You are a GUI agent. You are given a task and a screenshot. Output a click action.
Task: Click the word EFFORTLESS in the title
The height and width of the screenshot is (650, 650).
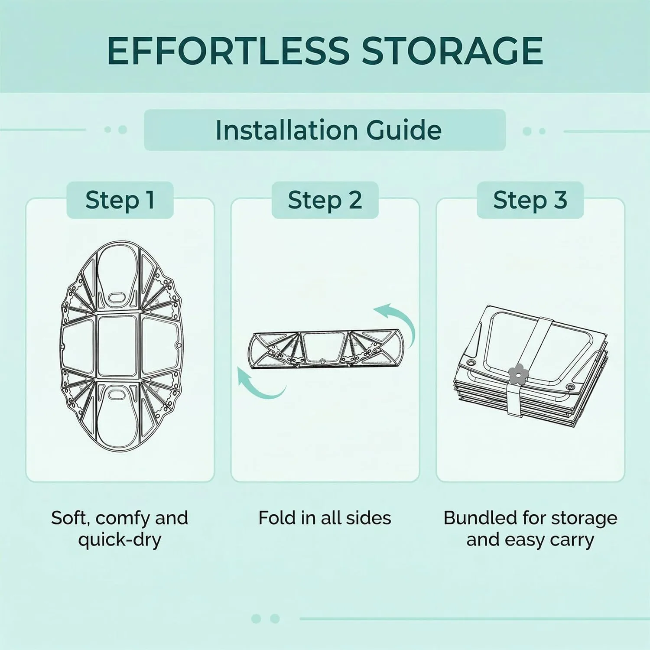coord(228,51)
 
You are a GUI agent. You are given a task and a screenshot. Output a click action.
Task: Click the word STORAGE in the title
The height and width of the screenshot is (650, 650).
coord(452,51)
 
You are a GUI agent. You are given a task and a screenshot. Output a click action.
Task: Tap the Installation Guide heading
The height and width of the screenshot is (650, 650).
coord(328,130)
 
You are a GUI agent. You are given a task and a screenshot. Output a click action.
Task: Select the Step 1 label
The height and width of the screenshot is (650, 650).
coord(120,200)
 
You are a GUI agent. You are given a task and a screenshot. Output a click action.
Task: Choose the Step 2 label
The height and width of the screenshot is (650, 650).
coord(325,200)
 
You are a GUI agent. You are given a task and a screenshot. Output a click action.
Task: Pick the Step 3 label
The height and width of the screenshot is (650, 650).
coord(530,200)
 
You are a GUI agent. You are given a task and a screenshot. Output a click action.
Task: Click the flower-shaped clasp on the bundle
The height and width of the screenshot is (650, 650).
coord(516,374)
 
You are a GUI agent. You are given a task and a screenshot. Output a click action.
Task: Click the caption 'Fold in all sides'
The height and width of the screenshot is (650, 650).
coord(325,518)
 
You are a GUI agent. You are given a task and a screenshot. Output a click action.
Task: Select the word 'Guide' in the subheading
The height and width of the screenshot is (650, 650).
coord(404,130)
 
